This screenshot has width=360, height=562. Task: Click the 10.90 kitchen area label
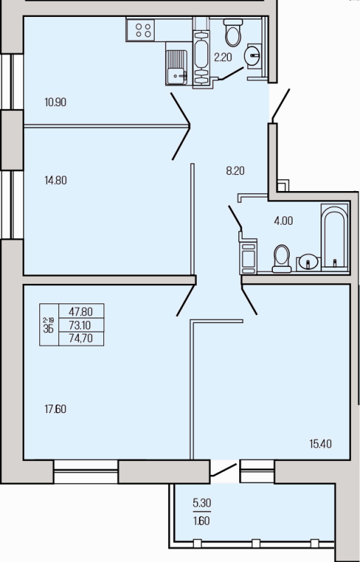click(x=56, y=103)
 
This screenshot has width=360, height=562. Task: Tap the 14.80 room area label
click(x=56, y=181)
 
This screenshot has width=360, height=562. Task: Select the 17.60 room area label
click(x=56, y=409)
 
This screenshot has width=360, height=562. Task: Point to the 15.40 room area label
click(x=321, y=444)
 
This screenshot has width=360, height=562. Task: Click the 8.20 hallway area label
click(x=236, y=171)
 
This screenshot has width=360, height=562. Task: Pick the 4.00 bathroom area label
click(x=283, y=221)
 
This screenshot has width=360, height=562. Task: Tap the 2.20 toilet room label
click(x=223, y=57)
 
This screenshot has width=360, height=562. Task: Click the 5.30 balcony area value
click(x=202, y=504)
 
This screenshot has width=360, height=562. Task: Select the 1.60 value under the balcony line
click(x=202, y=521)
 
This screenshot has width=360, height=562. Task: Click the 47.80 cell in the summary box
click(x=81, y=311)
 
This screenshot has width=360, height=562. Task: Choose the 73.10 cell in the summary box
click(x=81, y=325)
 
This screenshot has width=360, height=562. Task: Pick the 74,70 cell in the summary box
click(x=81, y=339)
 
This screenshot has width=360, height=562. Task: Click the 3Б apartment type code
click(x=49, y=329)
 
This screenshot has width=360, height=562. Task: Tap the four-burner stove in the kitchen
click(x=143, y=30)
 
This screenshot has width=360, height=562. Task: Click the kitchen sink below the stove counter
click(x=176, y=67)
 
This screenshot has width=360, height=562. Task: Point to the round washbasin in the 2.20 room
click(x=253, y=56)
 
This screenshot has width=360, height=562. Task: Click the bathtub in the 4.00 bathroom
click(x=335, y=237)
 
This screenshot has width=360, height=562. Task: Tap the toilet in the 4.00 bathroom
click(x=281, y=259)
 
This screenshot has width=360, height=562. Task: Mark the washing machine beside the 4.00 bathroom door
click(x=248, y=256)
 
